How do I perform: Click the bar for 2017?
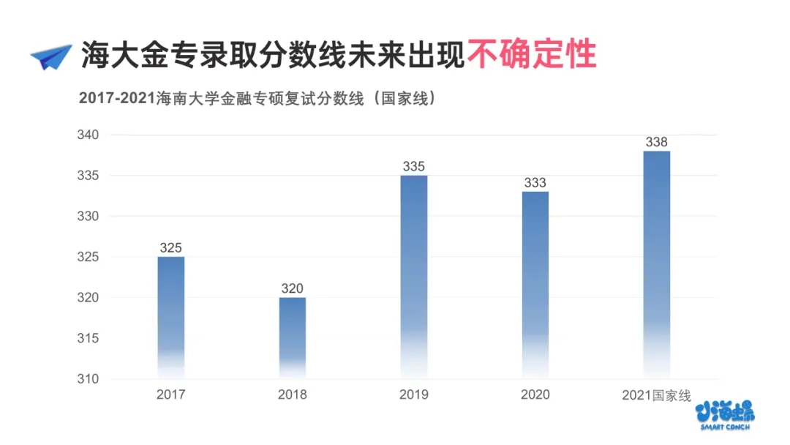171,315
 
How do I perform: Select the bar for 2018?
293,335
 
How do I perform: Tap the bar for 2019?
414,274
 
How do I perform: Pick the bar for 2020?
535,283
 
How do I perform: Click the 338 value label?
657,142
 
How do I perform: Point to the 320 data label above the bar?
293,288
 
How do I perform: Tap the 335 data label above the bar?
414,166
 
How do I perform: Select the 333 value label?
535,183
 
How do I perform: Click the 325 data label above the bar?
171,248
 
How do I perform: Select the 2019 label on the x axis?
414,395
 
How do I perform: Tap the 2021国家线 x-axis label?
657,395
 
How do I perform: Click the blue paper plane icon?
51,56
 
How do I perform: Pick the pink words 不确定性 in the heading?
532,54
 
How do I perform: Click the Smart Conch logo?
726,414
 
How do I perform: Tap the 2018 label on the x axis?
293,395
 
